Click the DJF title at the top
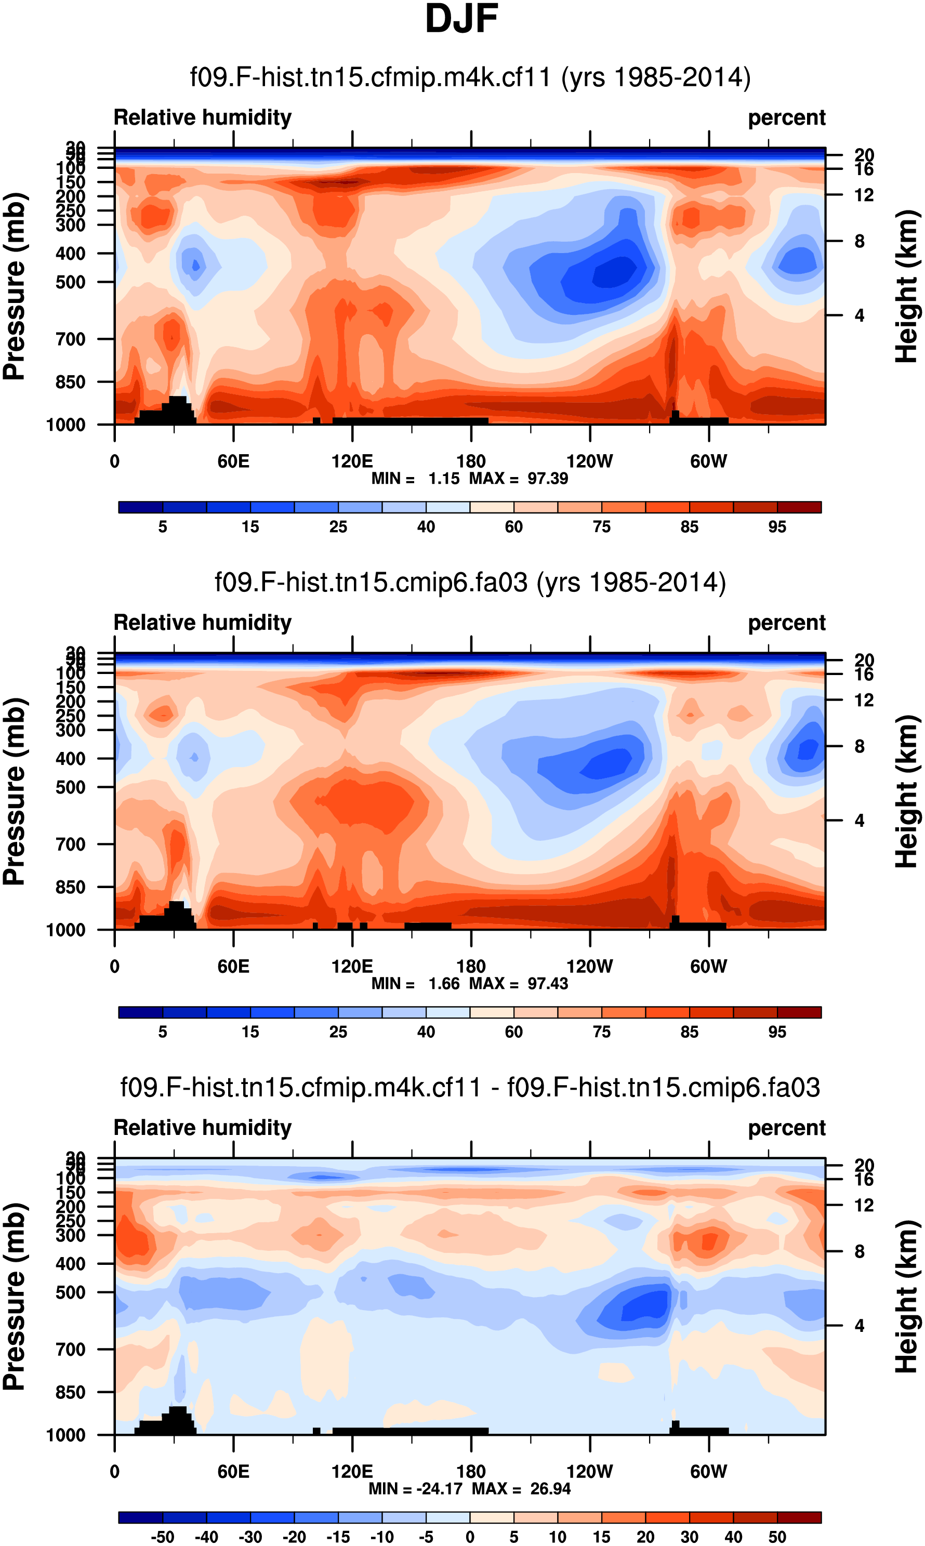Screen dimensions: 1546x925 tap(461, 19)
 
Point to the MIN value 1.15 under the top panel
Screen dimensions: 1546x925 tap(443, 479)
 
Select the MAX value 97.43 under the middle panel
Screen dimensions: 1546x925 tap(548, 983)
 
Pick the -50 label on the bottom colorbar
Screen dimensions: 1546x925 tap(163, 1537)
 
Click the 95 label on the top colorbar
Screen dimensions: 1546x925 tap(777, 527)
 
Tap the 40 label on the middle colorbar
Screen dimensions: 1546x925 tap(426, 1032)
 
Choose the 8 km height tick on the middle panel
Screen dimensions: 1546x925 tap(860, 747)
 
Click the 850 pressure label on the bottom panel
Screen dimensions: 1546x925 tap(71, 1392)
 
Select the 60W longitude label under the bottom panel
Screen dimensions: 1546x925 tap(708, 1472)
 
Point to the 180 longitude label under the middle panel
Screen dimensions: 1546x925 tap(471, 967)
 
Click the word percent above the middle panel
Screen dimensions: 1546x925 tap(787, 623)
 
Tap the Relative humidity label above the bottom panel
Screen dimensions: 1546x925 tap(203, 1128)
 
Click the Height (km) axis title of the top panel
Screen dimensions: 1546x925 tap(907, 287)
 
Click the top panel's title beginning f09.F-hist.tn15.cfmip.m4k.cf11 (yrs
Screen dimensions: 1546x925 tap(470, 77)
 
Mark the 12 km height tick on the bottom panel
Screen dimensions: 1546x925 tap(863, 1205)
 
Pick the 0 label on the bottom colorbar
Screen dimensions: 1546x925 tap(470, 1537)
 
